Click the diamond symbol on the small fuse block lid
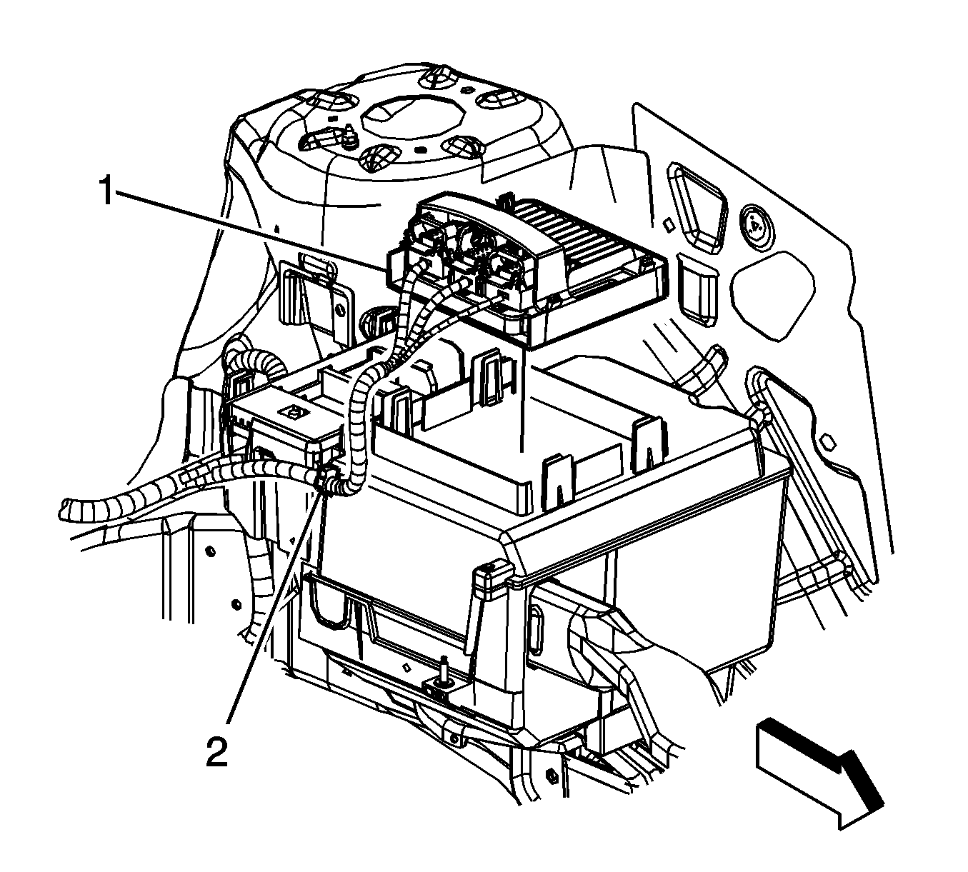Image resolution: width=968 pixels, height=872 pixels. pyautogui.click(x=291, y=412)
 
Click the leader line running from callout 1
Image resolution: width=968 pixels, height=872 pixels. pyautogui.click(x=250, y=229)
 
